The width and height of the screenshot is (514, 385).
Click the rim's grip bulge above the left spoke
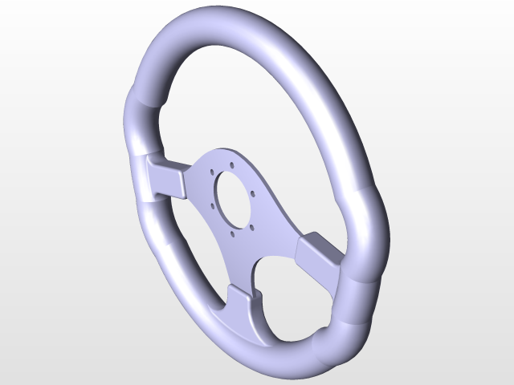tap(139, 120)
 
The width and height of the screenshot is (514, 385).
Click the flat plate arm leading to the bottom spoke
tap(241, 265)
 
